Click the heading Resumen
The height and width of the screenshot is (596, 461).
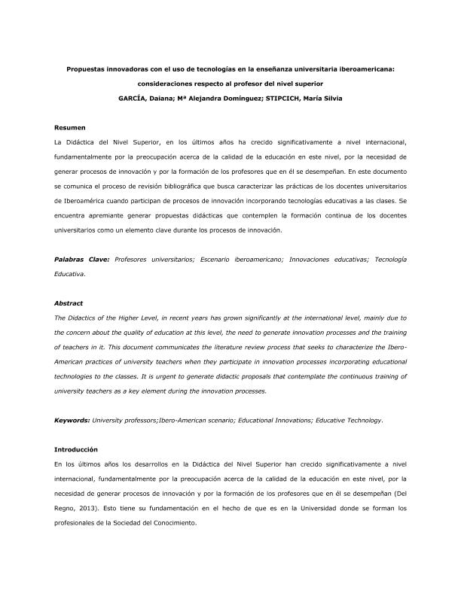pos(69,128)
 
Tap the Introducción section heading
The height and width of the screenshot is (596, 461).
pos(76,449)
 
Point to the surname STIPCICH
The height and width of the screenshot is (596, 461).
pos(282,99)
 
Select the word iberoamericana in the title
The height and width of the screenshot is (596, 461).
pos(363,68)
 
